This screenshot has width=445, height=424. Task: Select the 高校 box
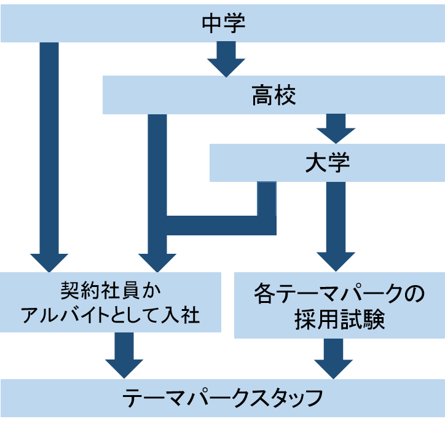click(184, 95)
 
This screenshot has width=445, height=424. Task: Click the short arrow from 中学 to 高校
click(226, 58)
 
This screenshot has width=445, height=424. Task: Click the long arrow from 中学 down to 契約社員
click(49, 154)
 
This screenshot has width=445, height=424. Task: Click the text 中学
click(223, 23)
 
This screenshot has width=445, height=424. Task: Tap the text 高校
click(274, 95)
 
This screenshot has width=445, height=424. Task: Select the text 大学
click(327, 163)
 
